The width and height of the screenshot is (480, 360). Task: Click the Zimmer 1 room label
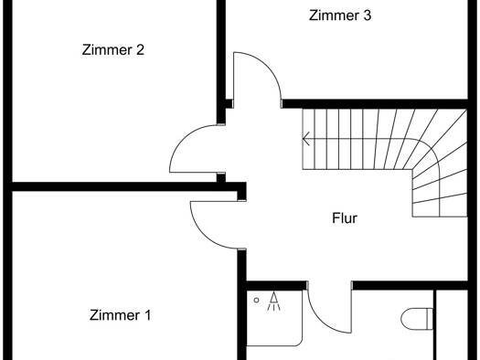(x=120, y=315)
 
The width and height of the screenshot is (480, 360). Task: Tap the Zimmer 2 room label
(x=113, y=50)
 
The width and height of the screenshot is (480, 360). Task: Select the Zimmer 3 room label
(x=340, y=16)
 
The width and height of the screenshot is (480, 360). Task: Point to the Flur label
(x=345, y=218)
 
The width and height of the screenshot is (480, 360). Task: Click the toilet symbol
(x=417, y=319)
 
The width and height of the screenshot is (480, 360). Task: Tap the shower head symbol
(x=273, y=302)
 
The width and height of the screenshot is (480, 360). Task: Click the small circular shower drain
(x=257, y=301)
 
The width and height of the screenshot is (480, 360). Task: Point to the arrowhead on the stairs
(x=305, y=139)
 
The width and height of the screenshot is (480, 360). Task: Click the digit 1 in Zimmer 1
(x=147, y=315)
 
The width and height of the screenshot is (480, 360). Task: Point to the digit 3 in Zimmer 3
(x=368, y=16)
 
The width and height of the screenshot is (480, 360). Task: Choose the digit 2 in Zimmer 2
(x=140, y=50)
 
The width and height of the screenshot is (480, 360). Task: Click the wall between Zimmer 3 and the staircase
(x=375, y=103)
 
